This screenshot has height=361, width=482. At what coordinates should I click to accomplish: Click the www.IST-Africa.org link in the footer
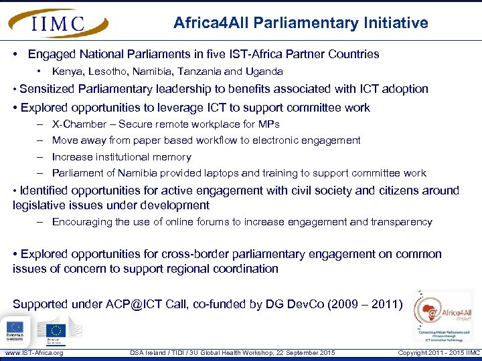(34, 353)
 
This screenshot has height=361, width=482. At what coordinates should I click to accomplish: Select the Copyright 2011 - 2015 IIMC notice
(438, 353)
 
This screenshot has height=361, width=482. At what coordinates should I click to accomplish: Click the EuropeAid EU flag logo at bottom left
(14, 330)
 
